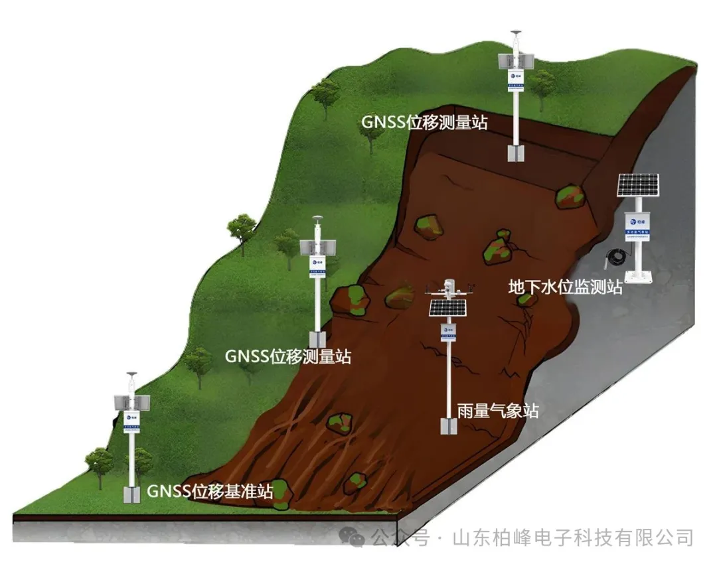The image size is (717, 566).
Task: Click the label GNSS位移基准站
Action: [209, 492]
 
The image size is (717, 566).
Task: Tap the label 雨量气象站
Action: [497, 411]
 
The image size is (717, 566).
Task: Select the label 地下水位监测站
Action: [565, 287]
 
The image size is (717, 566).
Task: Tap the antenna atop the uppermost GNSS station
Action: [516, 33]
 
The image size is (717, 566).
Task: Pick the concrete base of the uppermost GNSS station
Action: [516, 153]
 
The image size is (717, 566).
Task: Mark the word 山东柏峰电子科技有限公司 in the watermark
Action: [572, 537]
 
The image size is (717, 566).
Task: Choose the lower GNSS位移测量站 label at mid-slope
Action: [287, 356]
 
